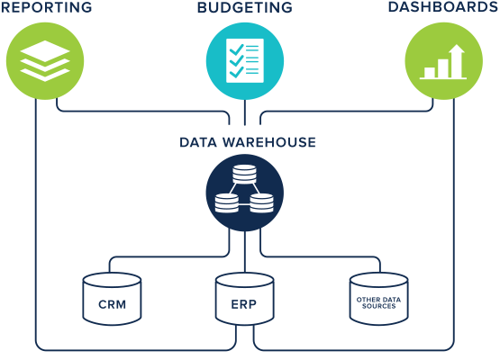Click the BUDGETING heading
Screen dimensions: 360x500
(x=244, y=8)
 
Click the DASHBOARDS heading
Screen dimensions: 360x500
(x=442, y=8)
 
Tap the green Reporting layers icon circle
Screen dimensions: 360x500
(x=45, y=61)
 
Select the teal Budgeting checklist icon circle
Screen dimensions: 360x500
(x=245, y=60)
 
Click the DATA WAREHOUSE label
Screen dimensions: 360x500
(x=247, y=142)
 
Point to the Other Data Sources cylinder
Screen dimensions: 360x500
(x=378, y=300)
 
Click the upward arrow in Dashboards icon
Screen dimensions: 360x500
(x=455, y=59)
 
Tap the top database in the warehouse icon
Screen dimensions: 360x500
(x=244, y=174)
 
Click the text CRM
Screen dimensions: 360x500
(x=112, y=304)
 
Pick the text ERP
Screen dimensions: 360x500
(x=245, y=304)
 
